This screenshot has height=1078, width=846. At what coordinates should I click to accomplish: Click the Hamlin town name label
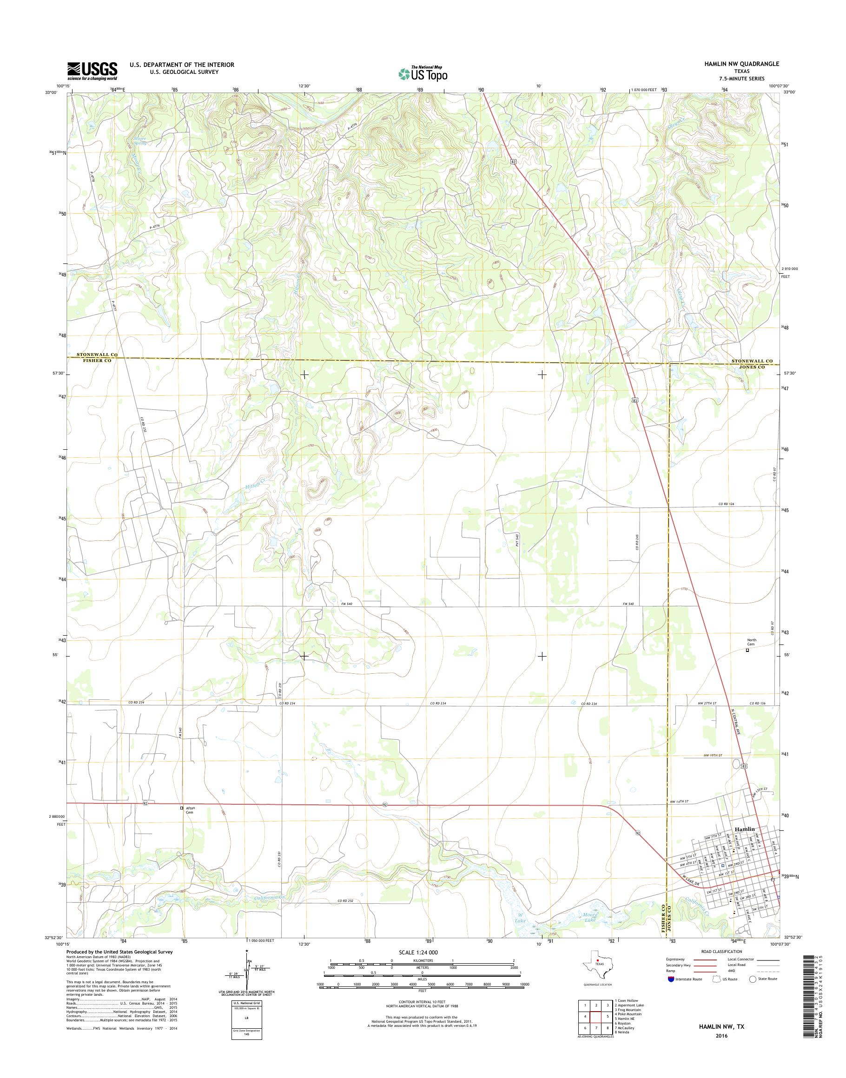coord(745,829)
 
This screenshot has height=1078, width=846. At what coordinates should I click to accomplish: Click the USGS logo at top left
coord(92,71)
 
